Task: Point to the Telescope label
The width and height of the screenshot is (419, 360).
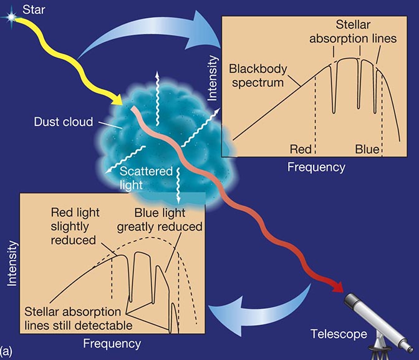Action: (x=338, y=334)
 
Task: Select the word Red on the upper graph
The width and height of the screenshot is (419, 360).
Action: (x=301, y=150)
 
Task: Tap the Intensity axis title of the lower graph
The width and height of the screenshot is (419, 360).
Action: (x=12, y=265)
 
